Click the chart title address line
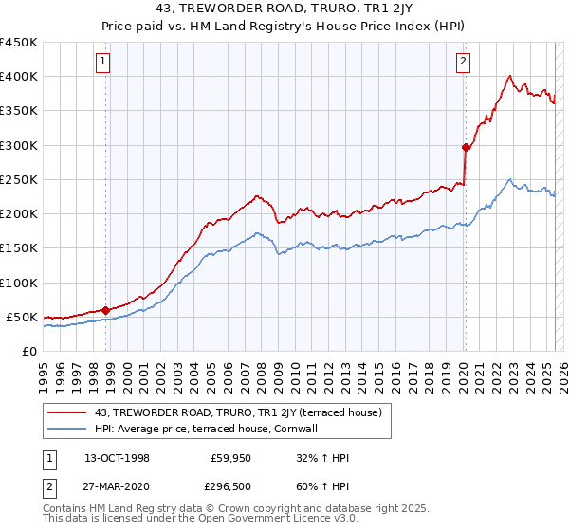[x=284, y=9]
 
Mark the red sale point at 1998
[x=106, y=309]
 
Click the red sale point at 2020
[x=466, y=147]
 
